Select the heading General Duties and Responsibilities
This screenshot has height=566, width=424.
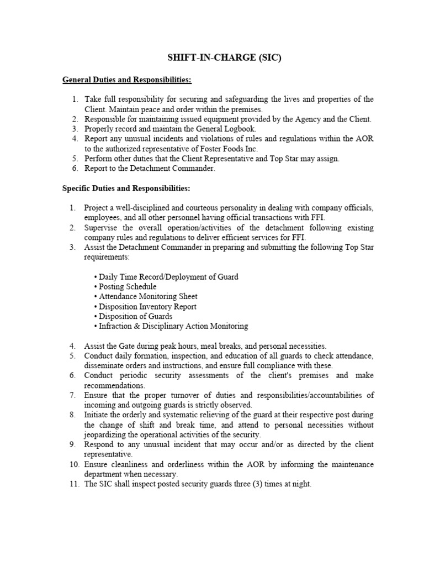(126, 80)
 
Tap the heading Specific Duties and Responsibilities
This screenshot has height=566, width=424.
(126, 188)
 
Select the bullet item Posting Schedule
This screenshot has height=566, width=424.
(126, 286)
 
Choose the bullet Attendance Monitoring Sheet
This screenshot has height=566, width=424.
(146, 296)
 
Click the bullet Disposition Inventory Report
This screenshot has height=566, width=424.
(146, 306)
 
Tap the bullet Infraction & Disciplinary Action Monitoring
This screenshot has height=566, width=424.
(171, 326)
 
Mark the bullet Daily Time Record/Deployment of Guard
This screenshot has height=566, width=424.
(167, 276)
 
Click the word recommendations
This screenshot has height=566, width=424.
(114, 385)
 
